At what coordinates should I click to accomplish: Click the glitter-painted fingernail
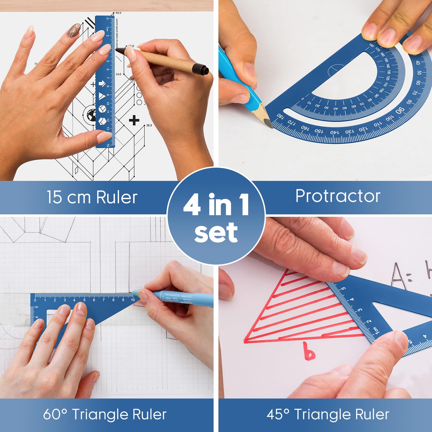(x=73, y=29)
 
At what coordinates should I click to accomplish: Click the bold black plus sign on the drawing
(x=134, y=120)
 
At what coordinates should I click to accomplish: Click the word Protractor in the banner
(x=338, y=196)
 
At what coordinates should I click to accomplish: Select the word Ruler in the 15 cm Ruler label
(x=117, y=197)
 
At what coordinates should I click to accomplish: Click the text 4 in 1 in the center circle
(x=216, y=205)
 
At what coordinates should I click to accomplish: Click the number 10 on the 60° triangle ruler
(x=133, y=300)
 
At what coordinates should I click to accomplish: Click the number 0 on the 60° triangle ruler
(x=35, y=300)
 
